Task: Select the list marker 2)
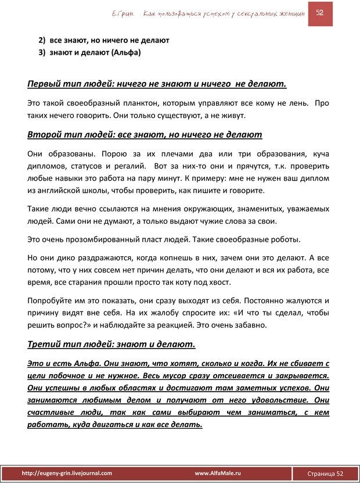coord(42,40)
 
